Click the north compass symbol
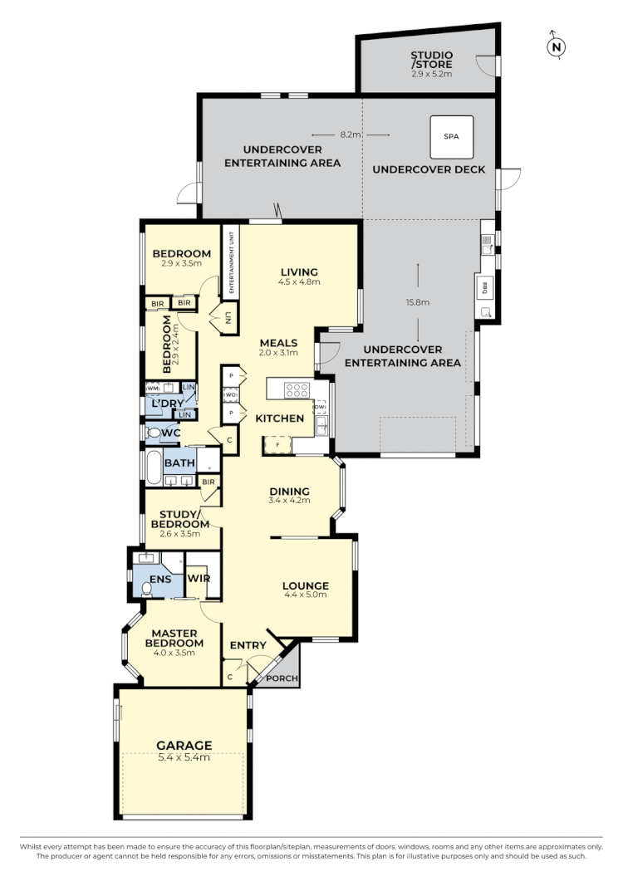coord(557,46)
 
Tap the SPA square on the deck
coord(451,135)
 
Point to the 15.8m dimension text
coord(418,302)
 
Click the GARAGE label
coord(184,745)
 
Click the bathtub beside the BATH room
coord(154,467)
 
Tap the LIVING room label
coord(300,272)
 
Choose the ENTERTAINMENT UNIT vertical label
coord(232,259)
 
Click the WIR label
coord(197,577)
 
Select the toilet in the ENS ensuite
coord(148,588)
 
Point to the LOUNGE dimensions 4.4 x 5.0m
coord(306,595)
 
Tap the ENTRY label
coord(248,645)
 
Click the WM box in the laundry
coord(153,388)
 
